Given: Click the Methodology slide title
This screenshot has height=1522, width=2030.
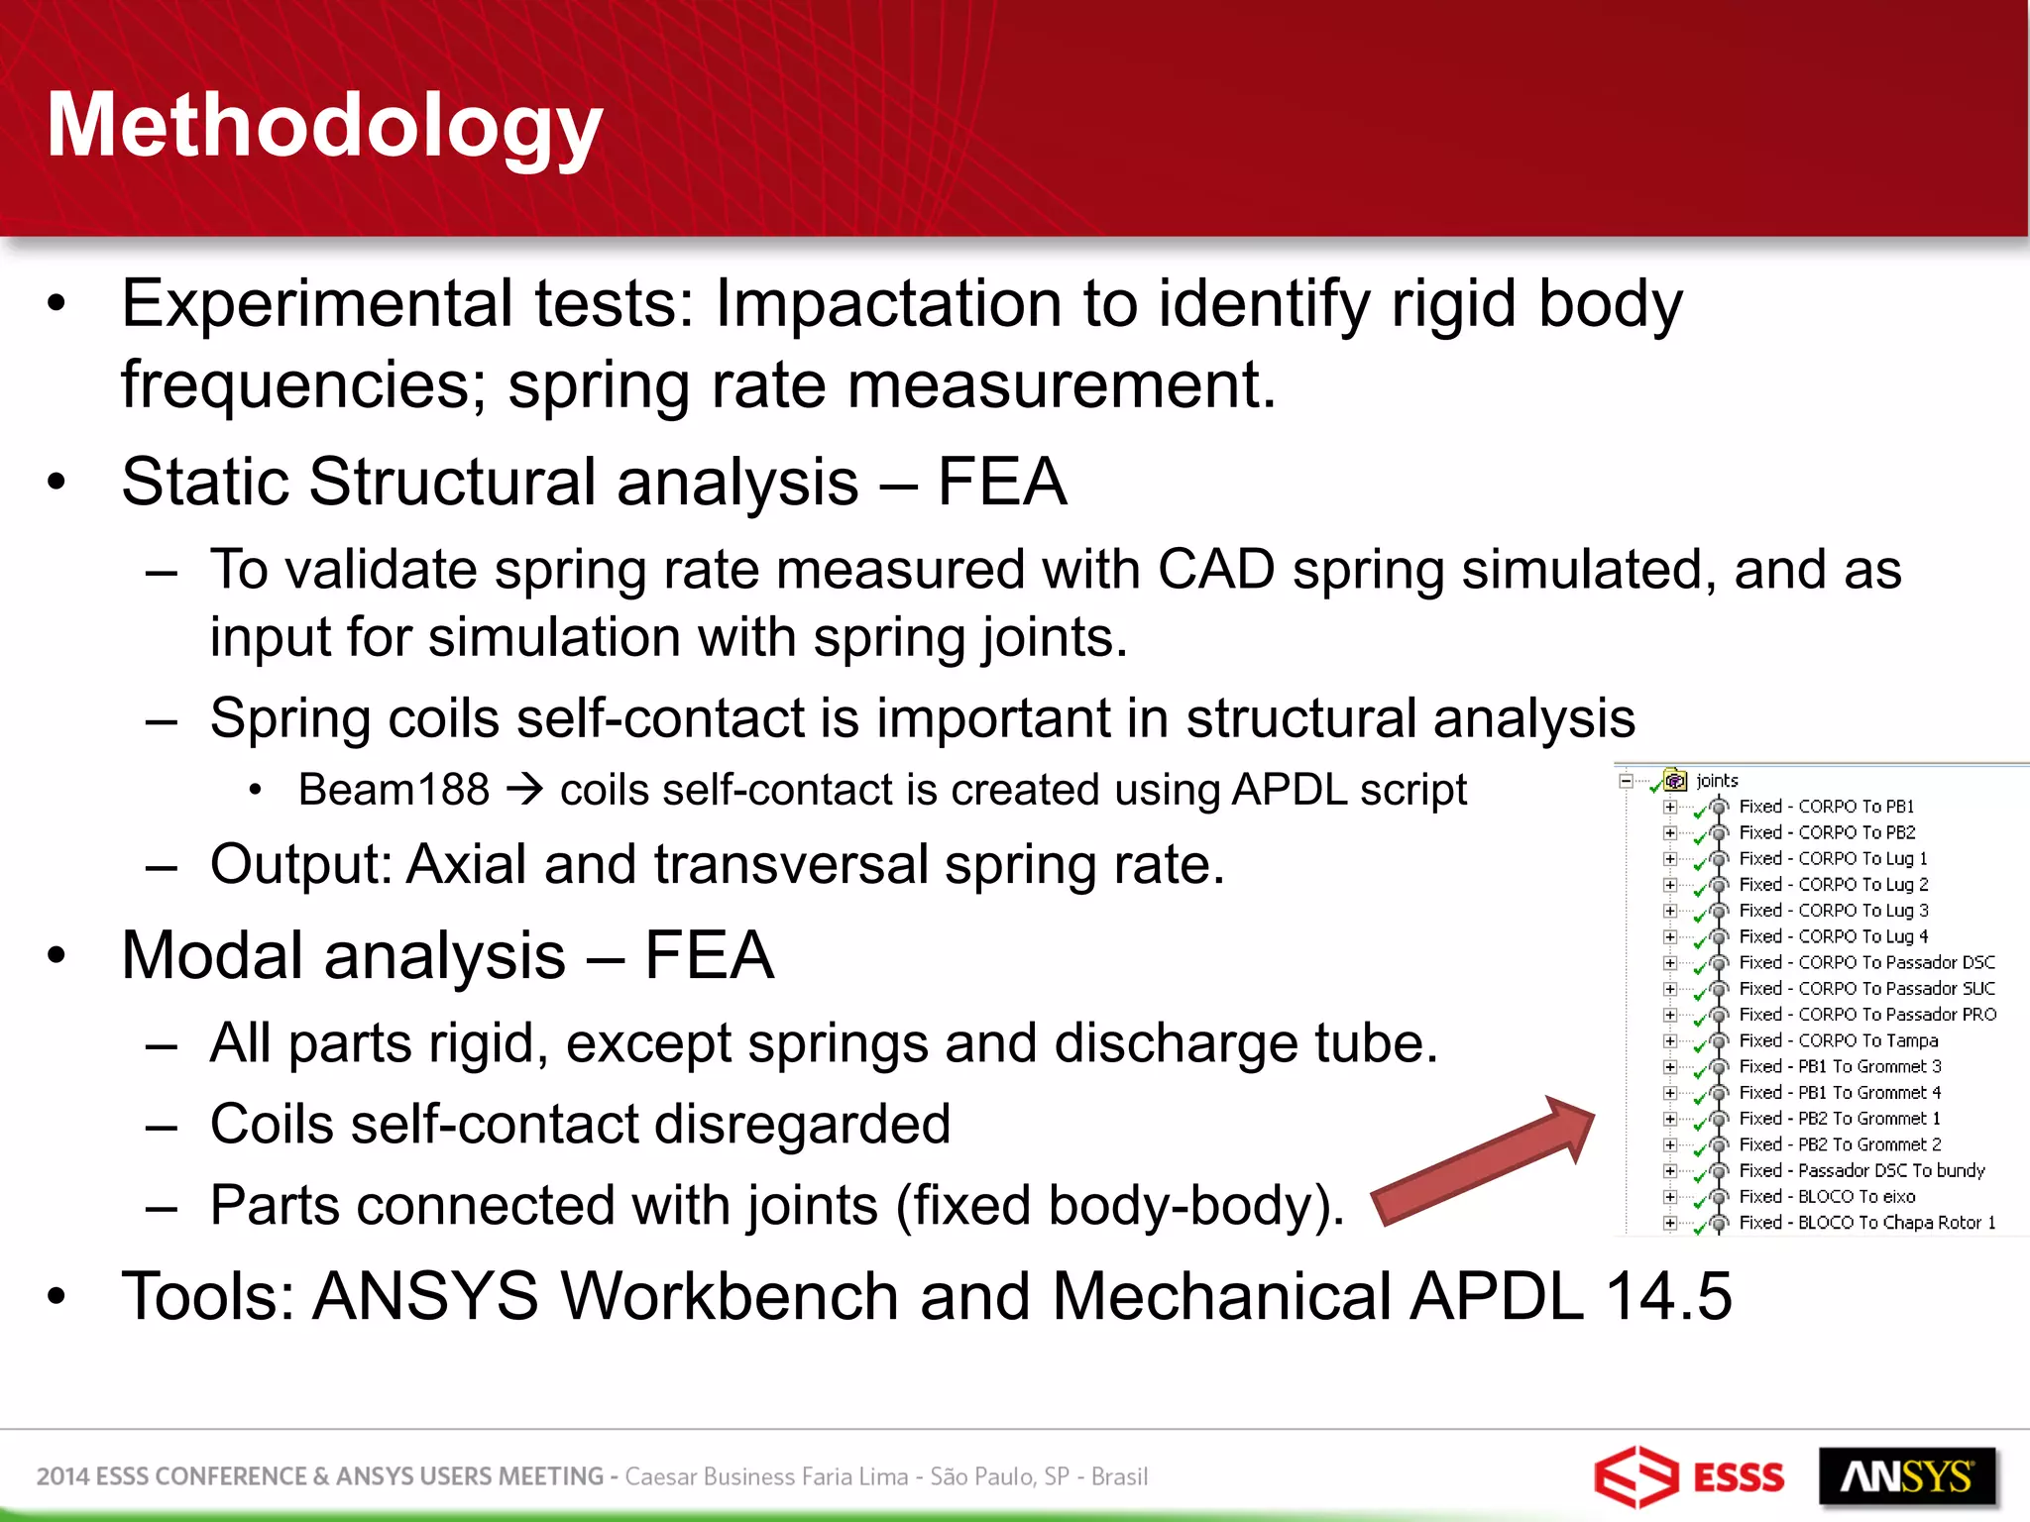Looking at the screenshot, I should pos(324,126).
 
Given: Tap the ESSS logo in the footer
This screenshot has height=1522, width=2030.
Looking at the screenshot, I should pos(1688,1476).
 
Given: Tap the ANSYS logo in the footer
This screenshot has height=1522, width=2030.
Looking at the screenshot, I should pos(1906,1476).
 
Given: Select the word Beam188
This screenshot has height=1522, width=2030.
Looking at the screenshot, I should pos(394,790).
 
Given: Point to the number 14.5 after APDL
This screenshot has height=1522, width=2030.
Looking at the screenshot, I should pos(1668,1296).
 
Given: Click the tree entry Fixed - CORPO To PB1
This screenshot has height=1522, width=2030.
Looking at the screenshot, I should pos(1826,807).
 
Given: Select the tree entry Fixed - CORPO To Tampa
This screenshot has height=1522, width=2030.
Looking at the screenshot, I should pos(1838,1040).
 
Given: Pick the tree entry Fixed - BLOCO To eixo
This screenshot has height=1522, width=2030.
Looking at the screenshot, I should pos(1827,1196).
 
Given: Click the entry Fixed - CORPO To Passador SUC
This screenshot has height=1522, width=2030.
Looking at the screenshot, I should pos(1866,988).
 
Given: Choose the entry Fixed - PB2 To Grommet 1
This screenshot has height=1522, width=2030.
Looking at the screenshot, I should pos(1840,1118).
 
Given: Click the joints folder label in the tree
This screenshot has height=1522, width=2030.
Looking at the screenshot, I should pos(1717,781).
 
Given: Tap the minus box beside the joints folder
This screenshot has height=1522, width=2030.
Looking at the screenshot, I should pos(1626,781).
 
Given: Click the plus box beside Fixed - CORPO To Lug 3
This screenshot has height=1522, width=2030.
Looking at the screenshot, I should pos(1670,911).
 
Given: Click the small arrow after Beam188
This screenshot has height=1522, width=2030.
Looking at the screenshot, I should pos(524,790).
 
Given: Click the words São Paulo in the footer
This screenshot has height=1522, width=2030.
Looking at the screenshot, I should pos(979,1476).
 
